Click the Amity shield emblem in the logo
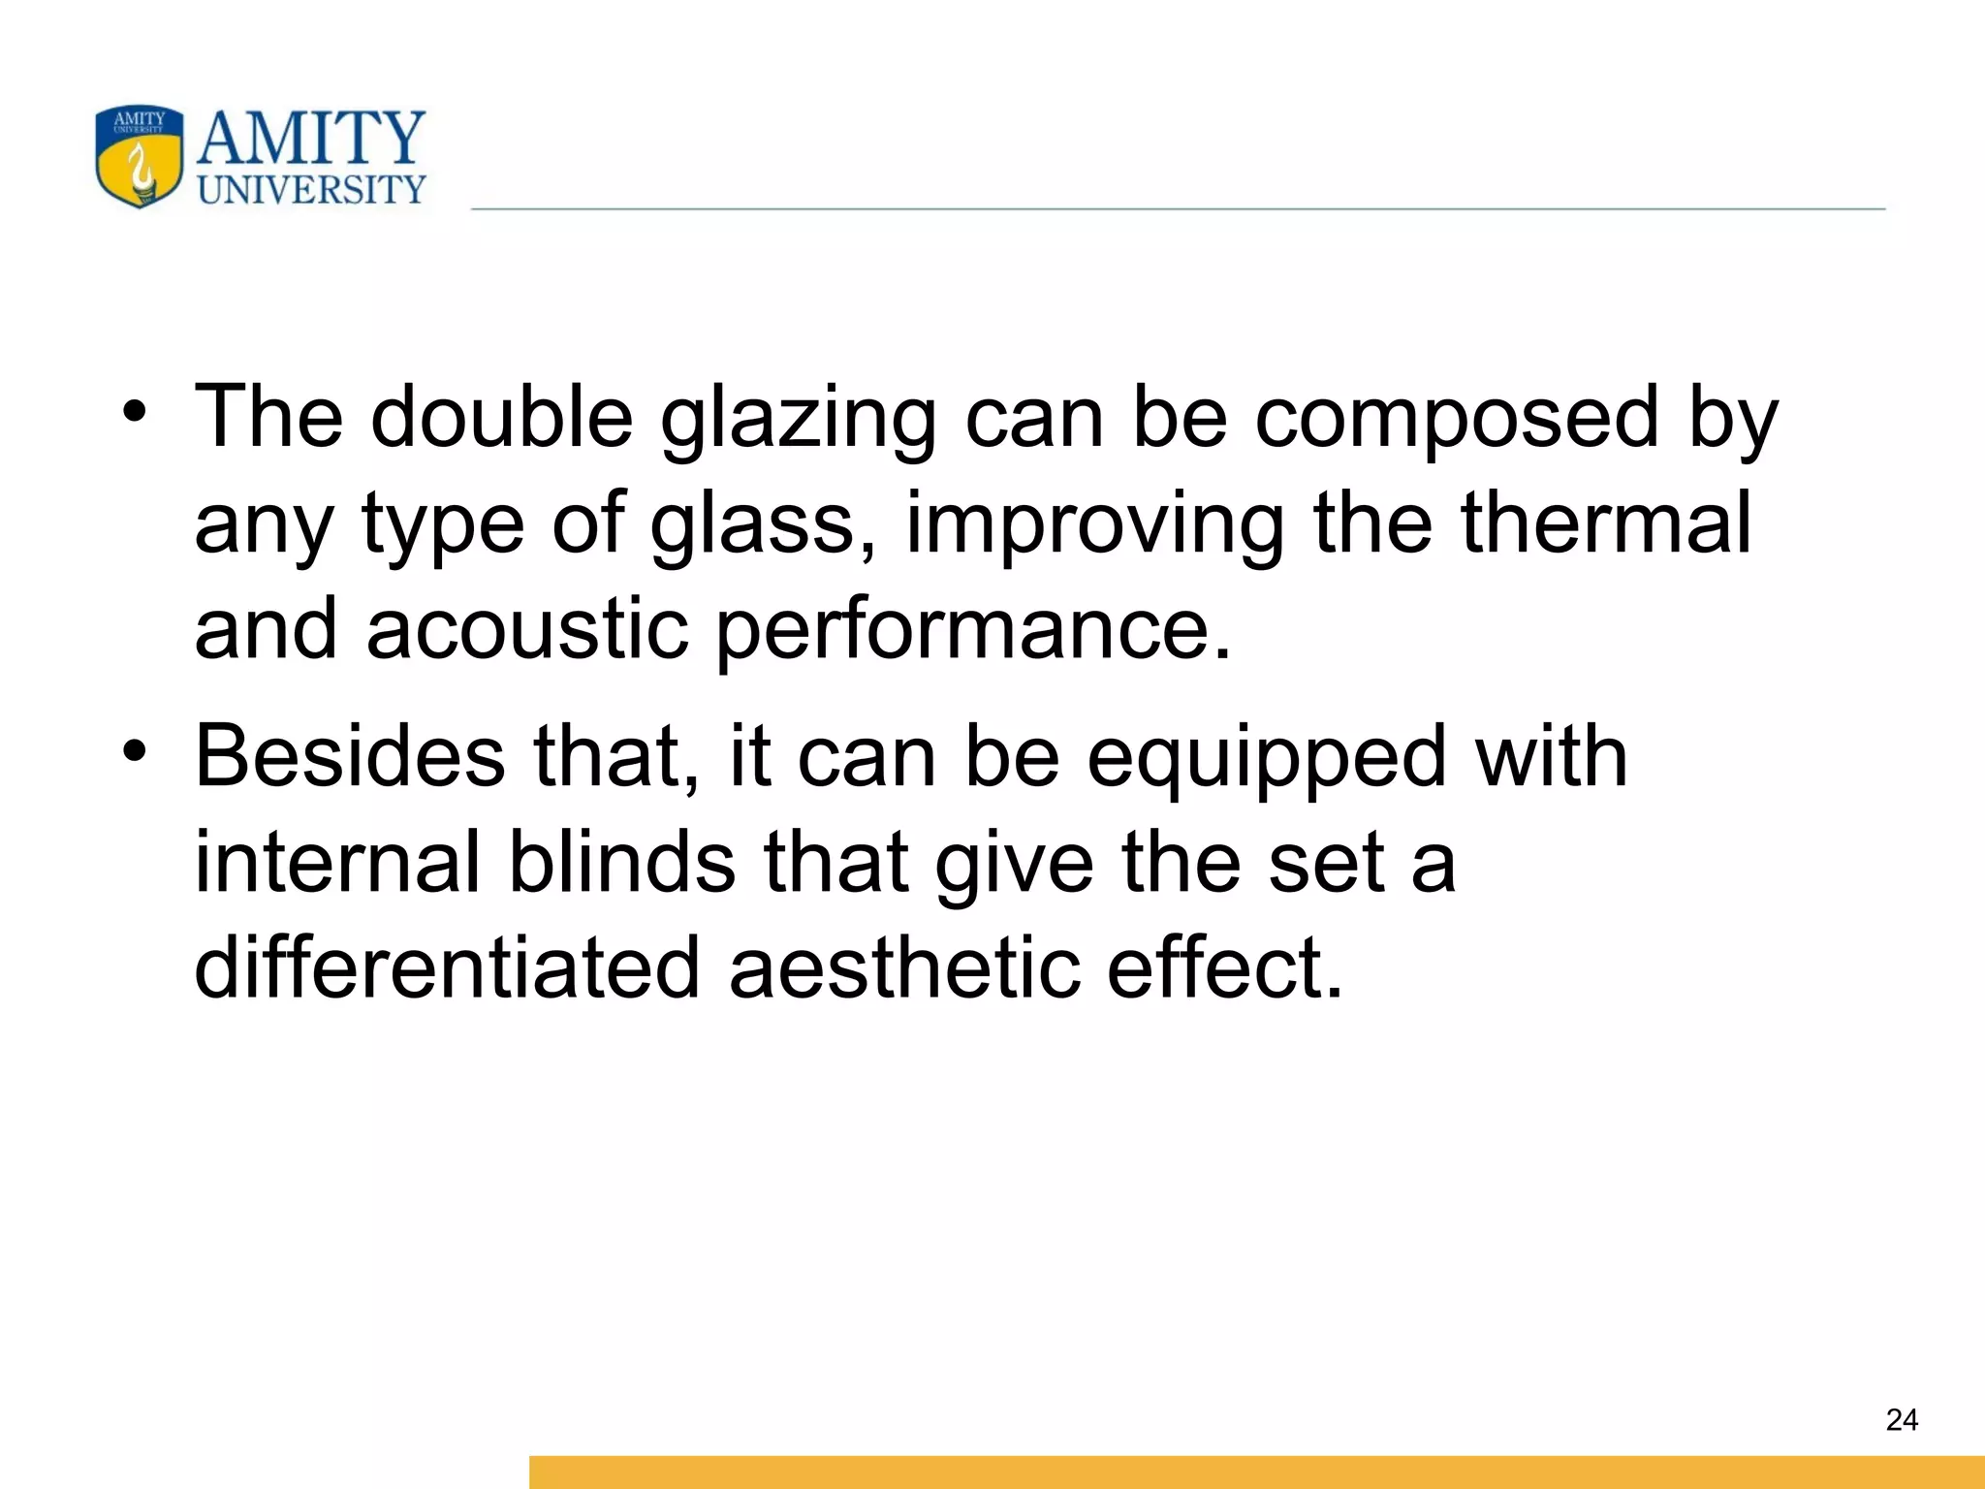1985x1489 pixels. (140, 156)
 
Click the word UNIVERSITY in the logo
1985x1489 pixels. (311, 190)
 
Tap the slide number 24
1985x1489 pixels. (1902, 1420)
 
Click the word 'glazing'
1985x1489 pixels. (798, 419)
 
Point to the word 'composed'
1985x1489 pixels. (1457, 419)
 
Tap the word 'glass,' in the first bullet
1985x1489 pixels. (763, 524)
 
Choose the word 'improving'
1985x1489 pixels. (1094, 524)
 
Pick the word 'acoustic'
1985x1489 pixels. (527, 629)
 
